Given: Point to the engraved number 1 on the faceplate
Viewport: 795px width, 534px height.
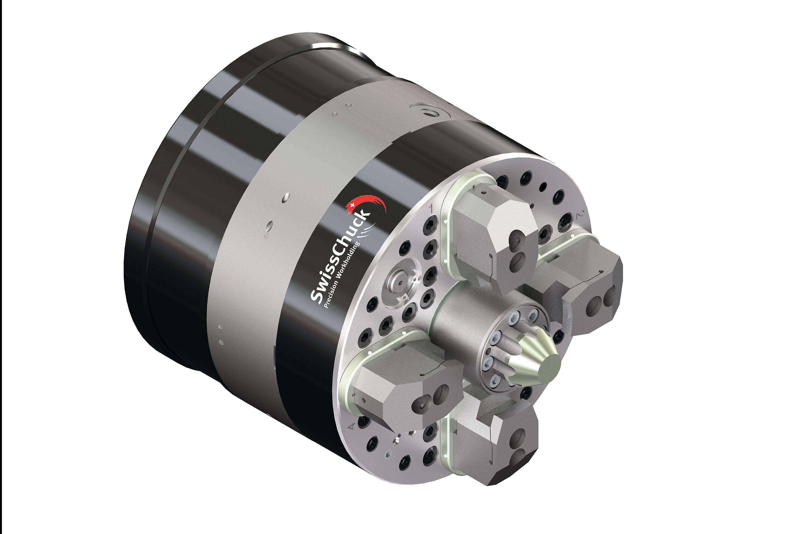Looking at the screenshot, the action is [431, 208].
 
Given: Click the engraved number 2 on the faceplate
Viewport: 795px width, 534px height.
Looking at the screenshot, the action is [580, 215].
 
